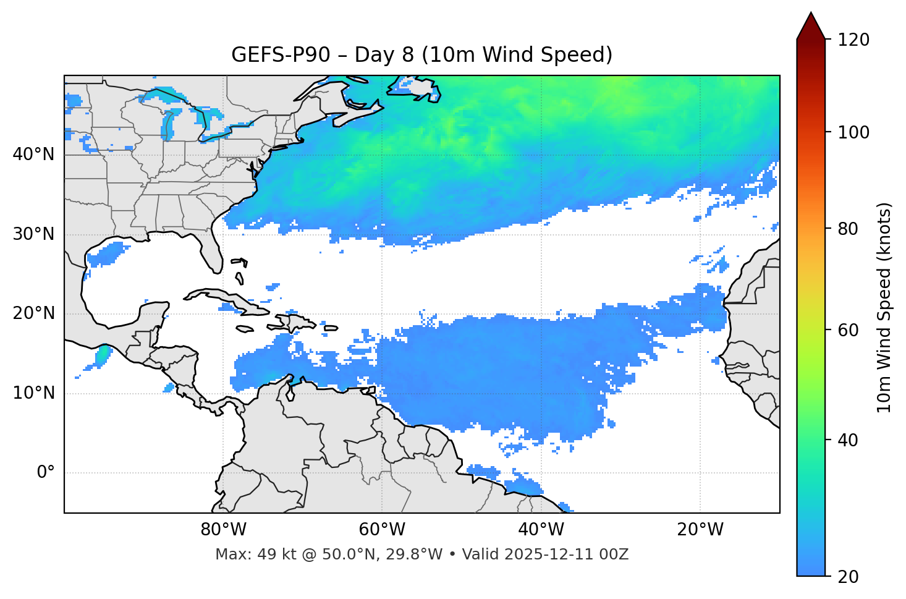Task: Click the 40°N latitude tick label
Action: pyautogui.click(x=33, y=155)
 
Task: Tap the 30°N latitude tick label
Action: pyautogui.click(x=33, y=234)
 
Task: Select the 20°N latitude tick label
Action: pyautogui.click(x=33, y=313)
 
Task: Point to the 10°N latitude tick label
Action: pyautogui.click(x=33, y=393)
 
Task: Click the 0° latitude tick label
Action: pyautogui.click(x=45, y=473)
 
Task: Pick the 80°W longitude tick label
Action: pyautogui.click(x=223, y=530)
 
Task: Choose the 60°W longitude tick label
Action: pyautogui.click(x=382, y=530)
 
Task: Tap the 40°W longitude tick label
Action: pyautogui.click(x=541, y=530)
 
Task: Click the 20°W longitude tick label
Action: pyautogui.click(x=700, y=530)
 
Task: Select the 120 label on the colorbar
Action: pyautogui.click(x=853, y=40)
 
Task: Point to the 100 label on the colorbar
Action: pyautogui.click(x=853, y=132)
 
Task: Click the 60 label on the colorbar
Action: pyautogui.click(x=849, y=330)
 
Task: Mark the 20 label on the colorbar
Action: pyautogui.click(x=849, y=577)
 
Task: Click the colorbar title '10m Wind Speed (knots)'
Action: pyautogui.click(x=884, y=307)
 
